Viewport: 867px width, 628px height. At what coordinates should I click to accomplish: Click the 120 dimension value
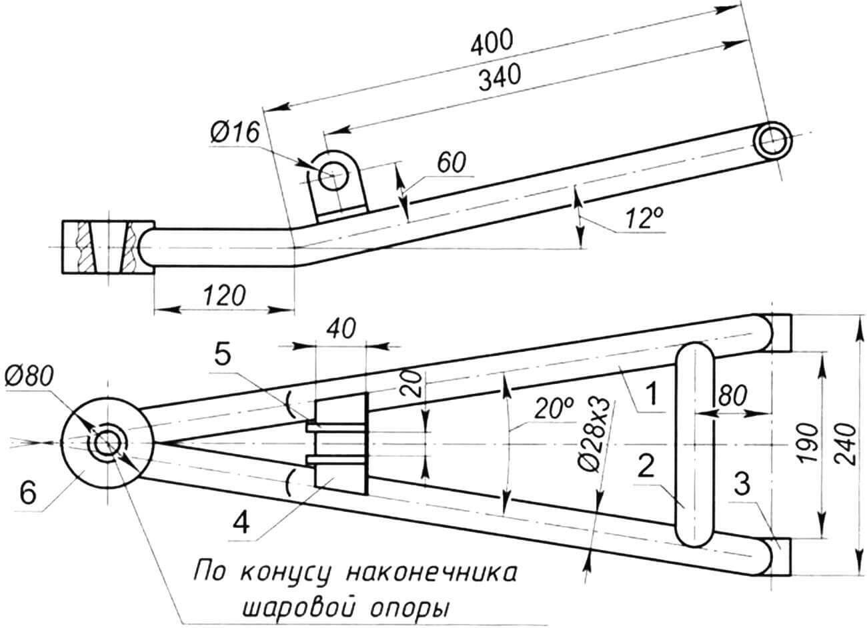coord(222,295)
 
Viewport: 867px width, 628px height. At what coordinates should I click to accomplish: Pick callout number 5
coord(224,356)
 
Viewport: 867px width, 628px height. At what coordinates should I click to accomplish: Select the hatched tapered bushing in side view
coord(107,247)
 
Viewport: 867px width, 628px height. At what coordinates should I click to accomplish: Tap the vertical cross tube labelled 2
coord(695,443)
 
